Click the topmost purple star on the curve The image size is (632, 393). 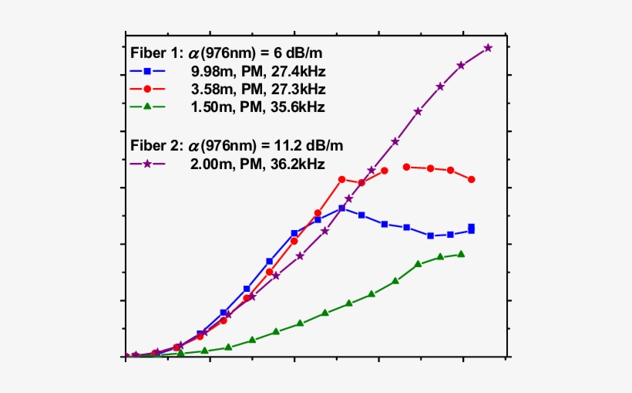click(488, 48)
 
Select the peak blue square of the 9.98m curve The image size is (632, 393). click(341, 208)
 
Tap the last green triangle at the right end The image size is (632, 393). click(461, 254)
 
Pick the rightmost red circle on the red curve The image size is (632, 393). click(472, 180)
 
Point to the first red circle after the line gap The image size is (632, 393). click(406, 167)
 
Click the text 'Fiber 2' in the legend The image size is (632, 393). click(152, 145)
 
